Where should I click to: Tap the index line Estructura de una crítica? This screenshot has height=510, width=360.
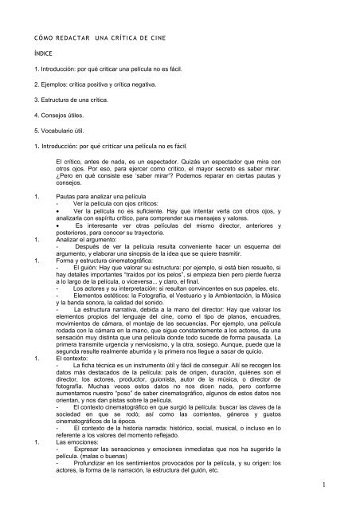coord(69,99)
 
